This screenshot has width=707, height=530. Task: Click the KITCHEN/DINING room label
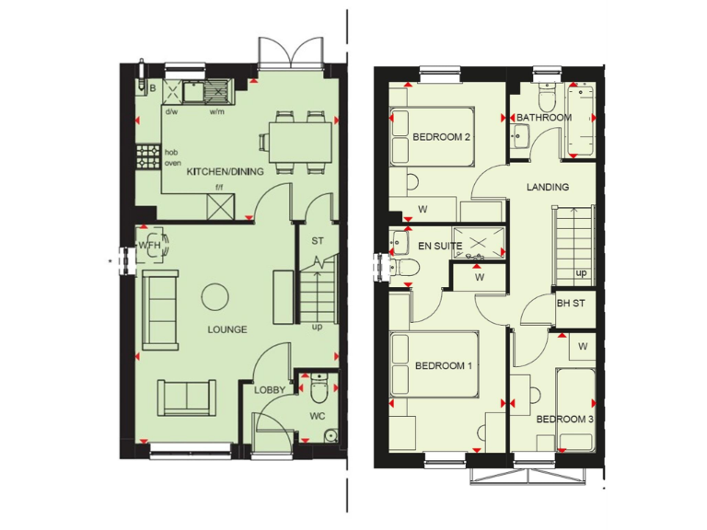point(226,171)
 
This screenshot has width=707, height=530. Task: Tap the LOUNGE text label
point(226,328)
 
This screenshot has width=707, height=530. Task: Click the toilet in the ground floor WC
point(319,390)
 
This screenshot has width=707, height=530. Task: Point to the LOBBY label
point(269,390)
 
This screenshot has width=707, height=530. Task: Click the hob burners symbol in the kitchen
point(147,157)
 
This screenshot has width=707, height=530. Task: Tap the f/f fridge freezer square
point(222,206)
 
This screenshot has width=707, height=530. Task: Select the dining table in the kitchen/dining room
point(299,141)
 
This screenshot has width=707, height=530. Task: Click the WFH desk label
point(149,245)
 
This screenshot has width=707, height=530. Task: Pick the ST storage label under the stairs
point(318,241)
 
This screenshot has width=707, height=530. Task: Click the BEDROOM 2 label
point(442,137)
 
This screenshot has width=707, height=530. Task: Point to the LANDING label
point(547,187)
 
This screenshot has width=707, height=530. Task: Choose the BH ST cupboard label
point(572,303)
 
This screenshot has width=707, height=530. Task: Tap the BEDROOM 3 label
point(564,420)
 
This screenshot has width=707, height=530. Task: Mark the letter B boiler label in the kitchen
point(153,88)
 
